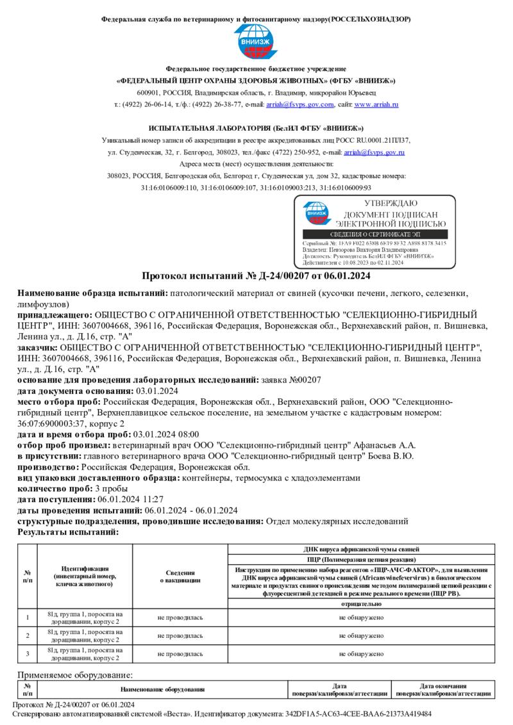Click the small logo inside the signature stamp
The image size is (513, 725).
315,214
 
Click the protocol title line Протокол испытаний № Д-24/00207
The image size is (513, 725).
256,276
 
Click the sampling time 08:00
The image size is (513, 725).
187,434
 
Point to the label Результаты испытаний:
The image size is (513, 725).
68,532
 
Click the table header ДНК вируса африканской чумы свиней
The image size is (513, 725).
361,550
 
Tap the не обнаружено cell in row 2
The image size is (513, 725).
361,635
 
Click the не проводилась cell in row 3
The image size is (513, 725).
180,654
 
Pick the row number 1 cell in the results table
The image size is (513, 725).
28,617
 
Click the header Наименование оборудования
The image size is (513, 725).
162,689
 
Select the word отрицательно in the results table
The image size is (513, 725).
361,604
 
